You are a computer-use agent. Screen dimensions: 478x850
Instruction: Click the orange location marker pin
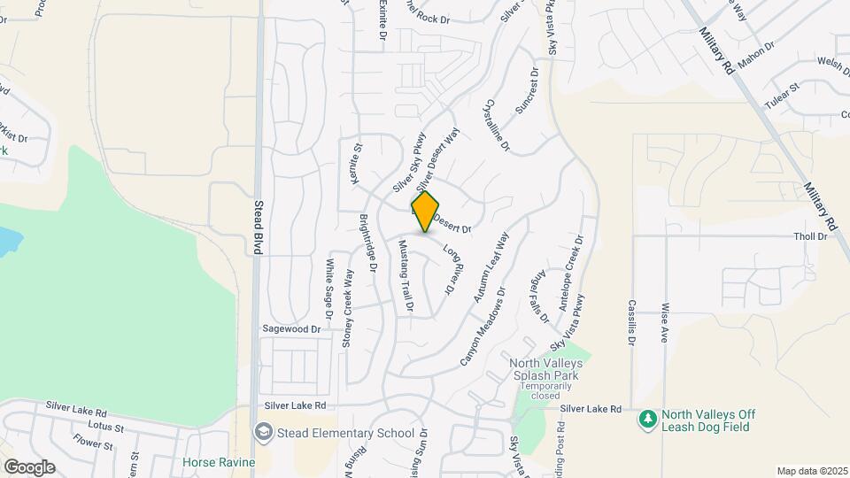[425, 212]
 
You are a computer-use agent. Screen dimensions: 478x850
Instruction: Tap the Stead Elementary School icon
[262, 432]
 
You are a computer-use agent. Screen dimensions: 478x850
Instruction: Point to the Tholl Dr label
[810, 236]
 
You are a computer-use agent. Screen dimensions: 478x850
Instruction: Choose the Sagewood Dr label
[290, 328]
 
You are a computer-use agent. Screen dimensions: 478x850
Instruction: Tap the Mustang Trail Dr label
[405, 276]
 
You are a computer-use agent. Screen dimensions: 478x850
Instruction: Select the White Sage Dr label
[329, 288]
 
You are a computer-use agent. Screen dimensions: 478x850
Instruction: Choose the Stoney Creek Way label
[348, 306]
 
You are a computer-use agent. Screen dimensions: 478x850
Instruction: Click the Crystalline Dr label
[496, 124]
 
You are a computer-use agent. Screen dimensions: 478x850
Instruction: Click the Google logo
[29, 466]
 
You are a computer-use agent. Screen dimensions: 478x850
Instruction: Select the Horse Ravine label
[219, 462]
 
